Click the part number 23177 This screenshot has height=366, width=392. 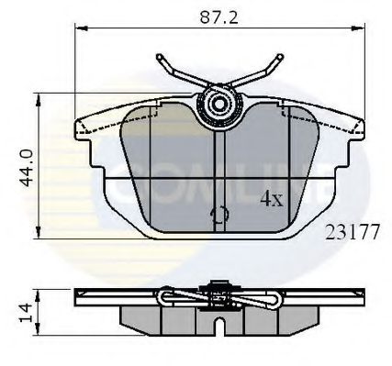click(353, 231)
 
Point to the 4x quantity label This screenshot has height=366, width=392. click(272, 197)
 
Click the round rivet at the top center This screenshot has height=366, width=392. click(219, 104)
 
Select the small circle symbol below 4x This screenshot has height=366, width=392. click(220, 216)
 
